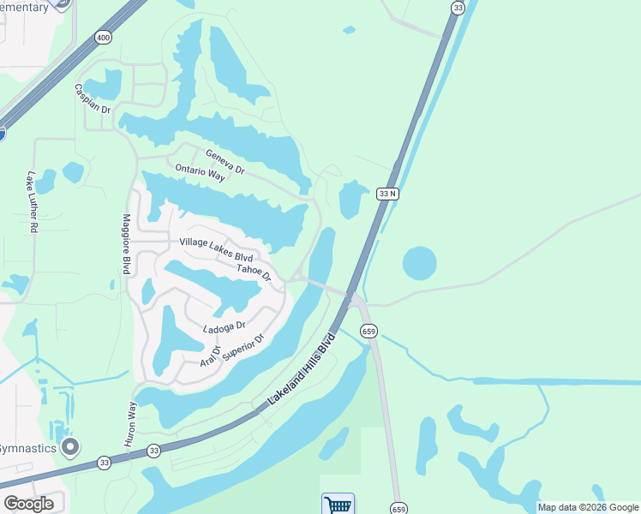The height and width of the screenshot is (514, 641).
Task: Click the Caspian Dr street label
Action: click(x=93, y=99)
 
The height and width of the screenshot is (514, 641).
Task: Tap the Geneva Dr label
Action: click(x=225, y=162)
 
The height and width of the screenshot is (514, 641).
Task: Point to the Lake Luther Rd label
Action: click(x=33, y=203)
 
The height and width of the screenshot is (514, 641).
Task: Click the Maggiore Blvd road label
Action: click(x=126, y=244)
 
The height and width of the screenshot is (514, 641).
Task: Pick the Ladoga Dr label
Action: click(x=225, y=326)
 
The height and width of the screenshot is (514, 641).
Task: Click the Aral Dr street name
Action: click(x=210, y=356)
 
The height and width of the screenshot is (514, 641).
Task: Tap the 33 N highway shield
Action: click(x=387, y=194)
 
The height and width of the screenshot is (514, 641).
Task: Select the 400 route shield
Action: click(x=103, y=38)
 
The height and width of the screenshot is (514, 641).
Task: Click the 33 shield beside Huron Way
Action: click(x=153, y=451)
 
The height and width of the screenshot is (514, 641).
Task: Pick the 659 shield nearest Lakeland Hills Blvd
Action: click(x=369, y=331)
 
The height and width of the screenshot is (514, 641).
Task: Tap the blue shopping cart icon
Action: click(x=338, y=504)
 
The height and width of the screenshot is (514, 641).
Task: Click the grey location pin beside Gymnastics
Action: click(x=70, y=447)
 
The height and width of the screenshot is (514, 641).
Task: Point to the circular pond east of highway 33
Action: click(x=419, y=263)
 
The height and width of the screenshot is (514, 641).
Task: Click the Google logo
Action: click(x=28, y=504)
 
